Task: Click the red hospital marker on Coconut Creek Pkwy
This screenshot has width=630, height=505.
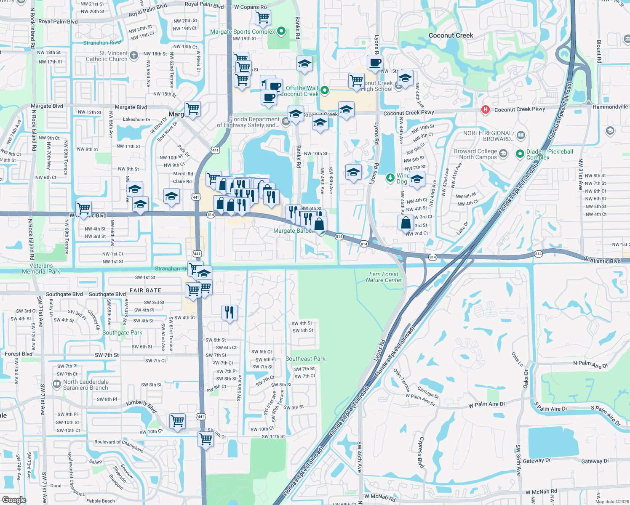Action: [485, 110]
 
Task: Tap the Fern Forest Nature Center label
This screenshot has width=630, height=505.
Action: [384, 277]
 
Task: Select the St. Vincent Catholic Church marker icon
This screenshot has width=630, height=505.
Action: [134, 55]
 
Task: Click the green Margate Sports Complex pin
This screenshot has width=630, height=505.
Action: [282, 31]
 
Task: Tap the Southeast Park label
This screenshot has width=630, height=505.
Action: [305, 359]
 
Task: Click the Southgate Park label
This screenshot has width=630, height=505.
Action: [122, 332]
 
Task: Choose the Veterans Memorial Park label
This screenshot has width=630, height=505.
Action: [41, 268]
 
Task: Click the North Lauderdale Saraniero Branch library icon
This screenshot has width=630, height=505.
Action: [57, 384]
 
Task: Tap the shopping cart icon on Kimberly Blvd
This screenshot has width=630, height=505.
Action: [178, 420]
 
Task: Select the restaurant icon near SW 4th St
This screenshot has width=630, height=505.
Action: [230, 312]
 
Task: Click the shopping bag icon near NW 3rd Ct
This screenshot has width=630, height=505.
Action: [406, 222]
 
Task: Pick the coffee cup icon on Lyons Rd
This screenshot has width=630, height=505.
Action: [375, 63]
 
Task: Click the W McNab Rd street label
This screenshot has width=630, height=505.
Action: [541, 492]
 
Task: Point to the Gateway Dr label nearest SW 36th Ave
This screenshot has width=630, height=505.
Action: [537, 461]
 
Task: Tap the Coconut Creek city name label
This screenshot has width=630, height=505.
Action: [451, 35]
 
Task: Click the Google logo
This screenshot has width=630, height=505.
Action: [14, 500]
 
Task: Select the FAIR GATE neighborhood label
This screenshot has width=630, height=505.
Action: [145, 290]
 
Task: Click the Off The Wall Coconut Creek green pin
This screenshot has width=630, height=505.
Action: [325, 90]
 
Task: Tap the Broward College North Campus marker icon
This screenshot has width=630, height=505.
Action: [503, 154]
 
